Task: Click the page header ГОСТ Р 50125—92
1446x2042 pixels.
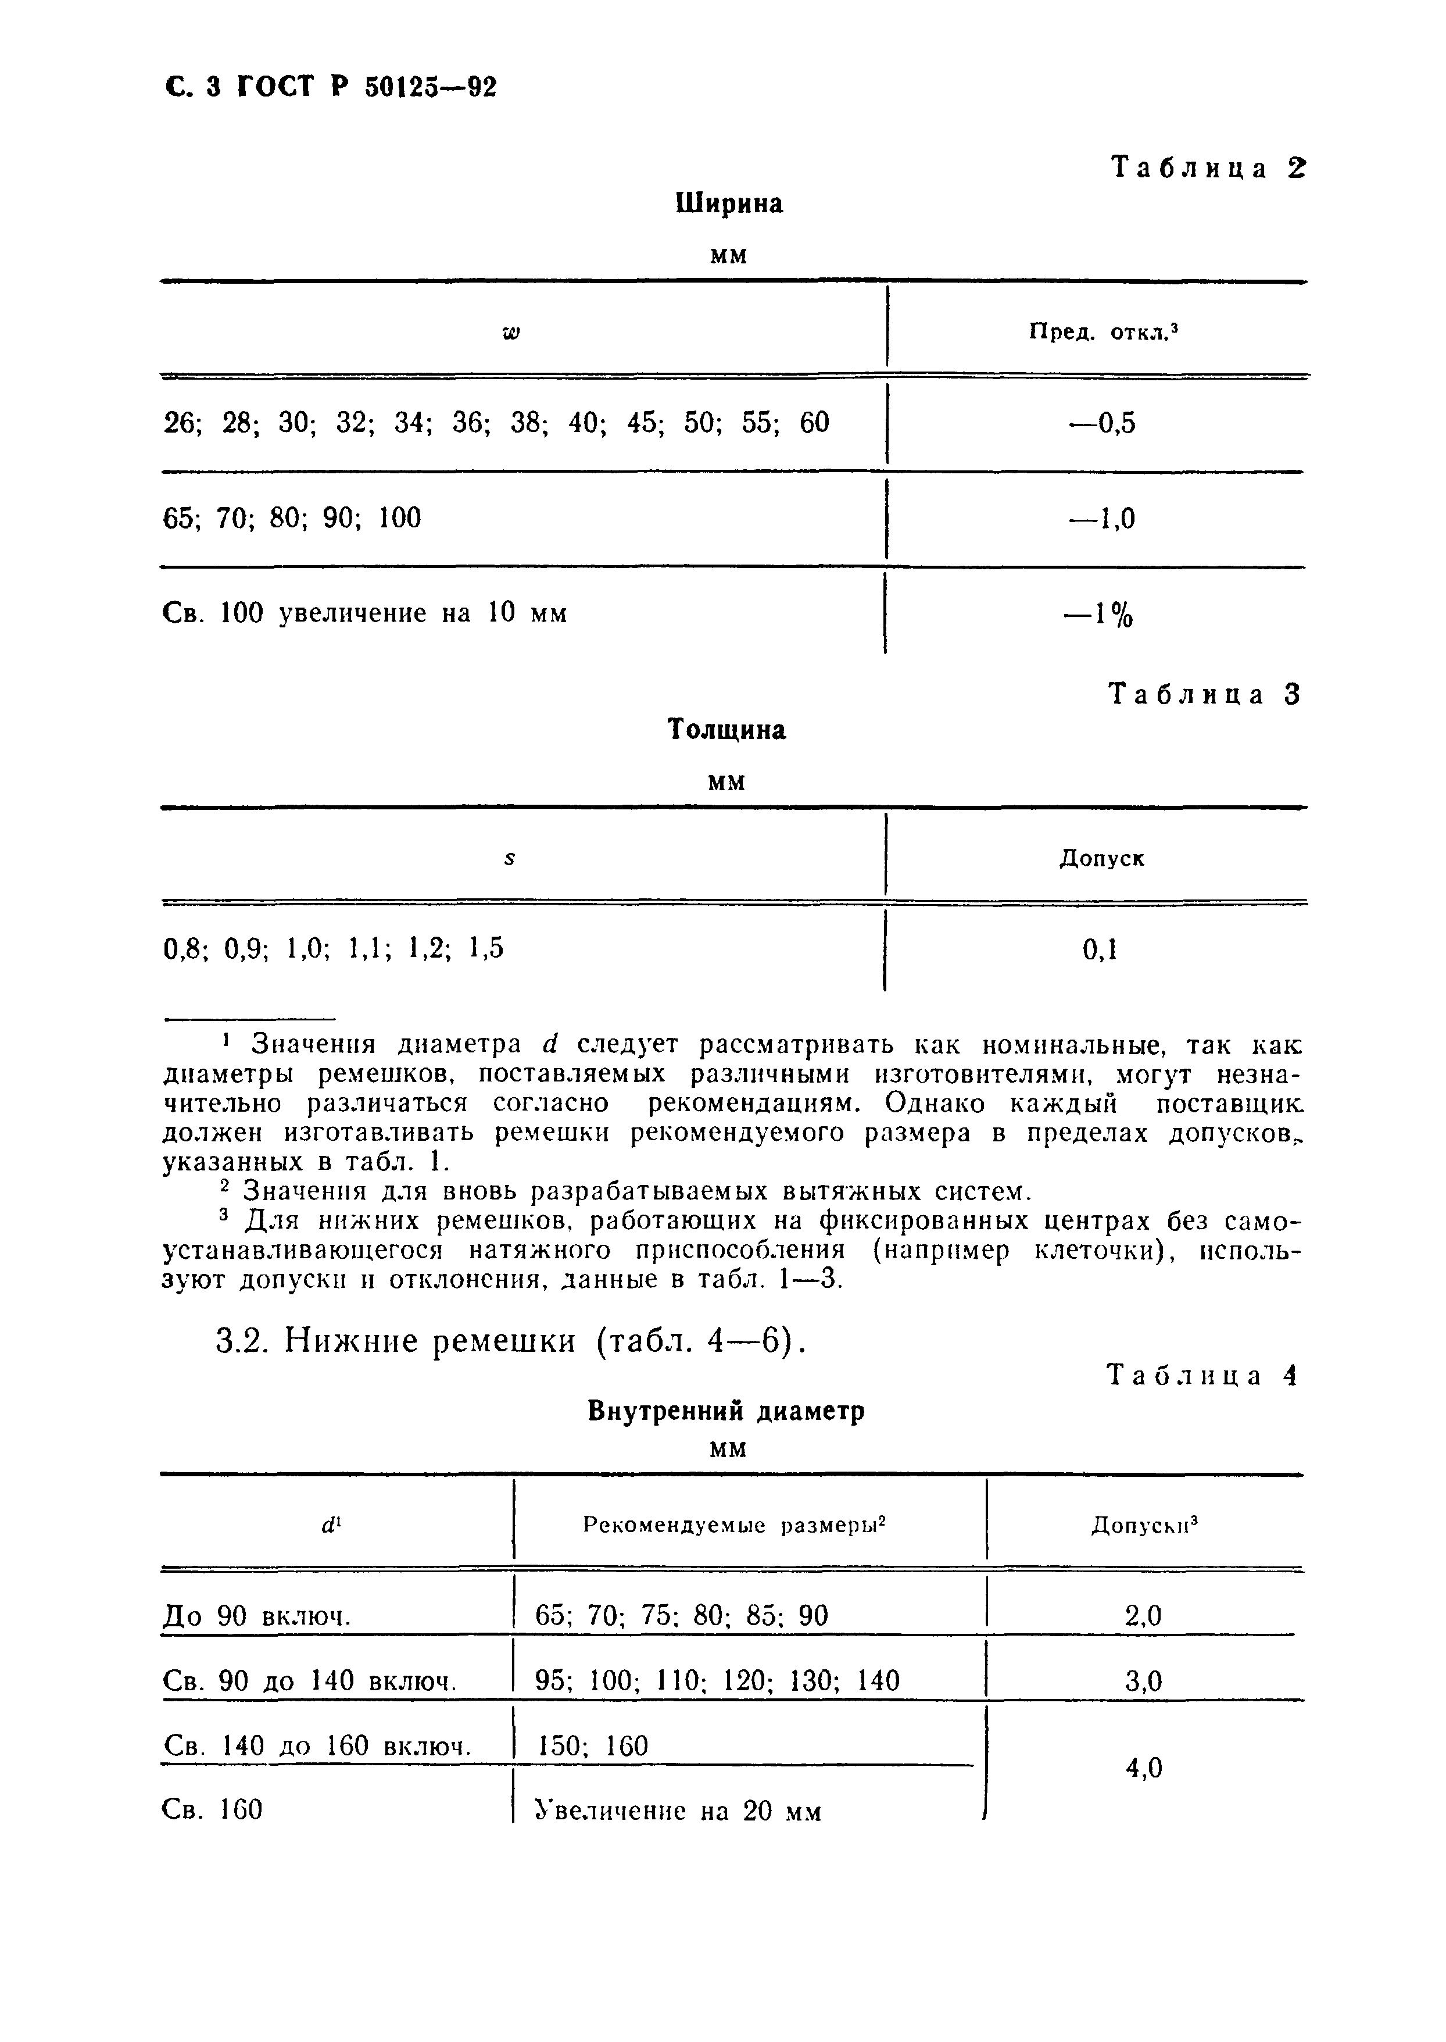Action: (331, 87)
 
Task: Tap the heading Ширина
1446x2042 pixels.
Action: (729, 204)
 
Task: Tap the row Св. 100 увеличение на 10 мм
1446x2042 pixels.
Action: (365, 613)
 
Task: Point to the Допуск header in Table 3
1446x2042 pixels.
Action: (1101, 858)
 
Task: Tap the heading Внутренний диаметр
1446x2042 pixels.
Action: (726, 1412)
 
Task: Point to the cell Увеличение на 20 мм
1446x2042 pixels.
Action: (678, 1811)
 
